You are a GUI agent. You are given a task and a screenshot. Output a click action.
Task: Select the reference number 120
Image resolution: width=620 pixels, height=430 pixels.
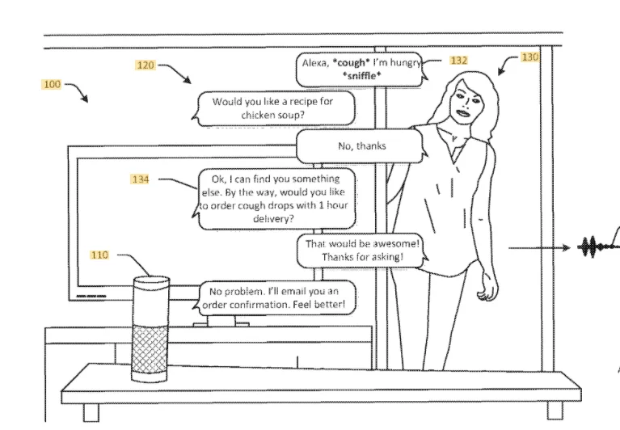[145, 65]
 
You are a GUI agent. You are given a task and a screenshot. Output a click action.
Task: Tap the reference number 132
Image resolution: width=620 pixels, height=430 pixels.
[459, 61]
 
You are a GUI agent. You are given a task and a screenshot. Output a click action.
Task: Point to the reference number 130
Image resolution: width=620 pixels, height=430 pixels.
[529, 57]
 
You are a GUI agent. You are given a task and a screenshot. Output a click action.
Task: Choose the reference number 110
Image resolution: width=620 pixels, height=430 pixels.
[99, 255]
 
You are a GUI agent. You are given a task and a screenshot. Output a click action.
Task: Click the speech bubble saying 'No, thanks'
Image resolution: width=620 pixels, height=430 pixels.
[361, 146]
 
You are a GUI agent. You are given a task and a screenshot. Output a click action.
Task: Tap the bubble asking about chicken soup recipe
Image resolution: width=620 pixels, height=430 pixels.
[272, 108]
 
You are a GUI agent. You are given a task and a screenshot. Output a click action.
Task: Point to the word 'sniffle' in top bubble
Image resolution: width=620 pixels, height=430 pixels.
[361, 75]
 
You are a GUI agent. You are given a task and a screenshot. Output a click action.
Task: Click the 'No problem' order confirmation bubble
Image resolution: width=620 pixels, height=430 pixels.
[277, 298]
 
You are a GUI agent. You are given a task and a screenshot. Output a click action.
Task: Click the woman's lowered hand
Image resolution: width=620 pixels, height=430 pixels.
[487, 290]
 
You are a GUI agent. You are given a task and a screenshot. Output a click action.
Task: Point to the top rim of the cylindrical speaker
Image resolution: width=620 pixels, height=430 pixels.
[150, 280]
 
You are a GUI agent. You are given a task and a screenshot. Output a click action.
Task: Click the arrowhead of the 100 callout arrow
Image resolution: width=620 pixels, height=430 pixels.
[86, 99]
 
